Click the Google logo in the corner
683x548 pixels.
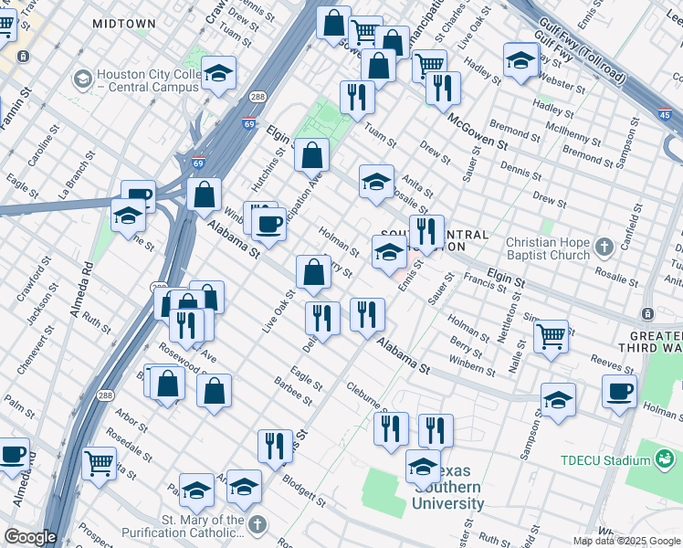click(30, 537)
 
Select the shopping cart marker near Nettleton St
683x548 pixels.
click(551, 336)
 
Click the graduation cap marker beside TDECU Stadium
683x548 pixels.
click(558, 400)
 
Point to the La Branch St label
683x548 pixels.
click(76, 182)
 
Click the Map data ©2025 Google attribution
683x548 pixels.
click(626, 541)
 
